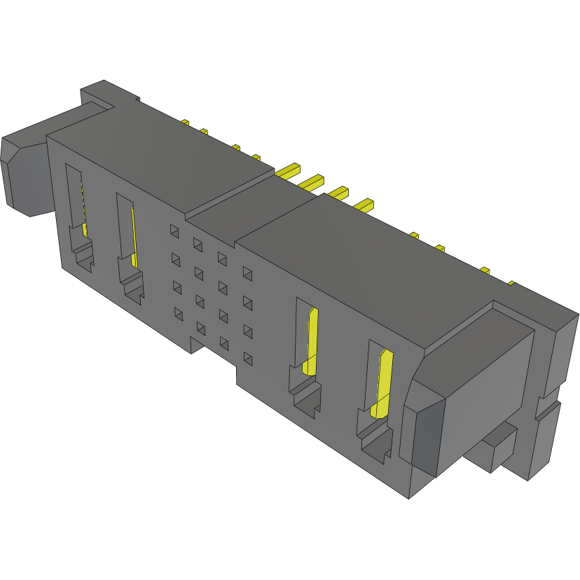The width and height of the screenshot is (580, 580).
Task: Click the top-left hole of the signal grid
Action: point(174,229)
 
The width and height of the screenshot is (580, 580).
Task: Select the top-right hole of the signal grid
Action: point(247,272)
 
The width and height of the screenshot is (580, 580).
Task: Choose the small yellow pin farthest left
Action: point(185,123)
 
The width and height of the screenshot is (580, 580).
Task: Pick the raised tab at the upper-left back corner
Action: point(105,95)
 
